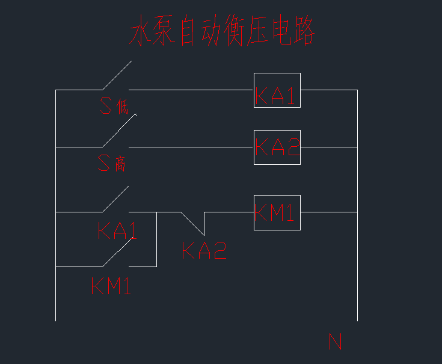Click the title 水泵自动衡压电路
(x=223, y=32)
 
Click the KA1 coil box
(x=277, y=90)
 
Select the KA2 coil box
(x=277, y=147)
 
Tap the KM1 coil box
(x=277, y=212)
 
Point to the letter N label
(x=336, y=342)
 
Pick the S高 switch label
(x=112, y=163)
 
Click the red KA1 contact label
(x=117, y=232)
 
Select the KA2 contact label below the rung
(x=204, y=250)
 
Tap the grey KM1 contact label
(x=111, y=285)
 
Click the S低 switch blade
(x=116, y=75)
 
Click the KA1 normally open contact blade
(x=115, y=199)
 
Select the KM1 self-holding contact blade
(x=117, y=253)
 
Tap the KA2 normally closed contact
(x=192, y=223)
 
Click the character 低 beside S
(x=123, y=108)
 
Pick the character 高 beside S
(x=120, y=164)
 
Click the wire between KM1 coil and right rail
(x=329, y=212)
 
